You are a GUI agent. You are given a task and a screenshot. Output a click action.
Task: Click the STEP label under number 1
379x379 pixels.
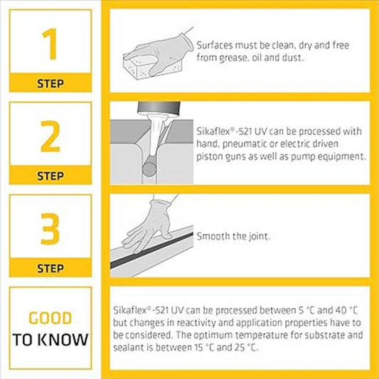click(x=50, y=83)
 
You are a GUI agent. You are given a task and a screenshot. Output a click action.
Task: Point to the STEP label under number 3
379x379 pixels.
click(x=50, y=268)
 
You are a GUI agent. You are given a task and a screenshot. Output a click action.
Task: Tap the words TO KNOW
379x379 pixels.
click(x=50, y=339)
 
